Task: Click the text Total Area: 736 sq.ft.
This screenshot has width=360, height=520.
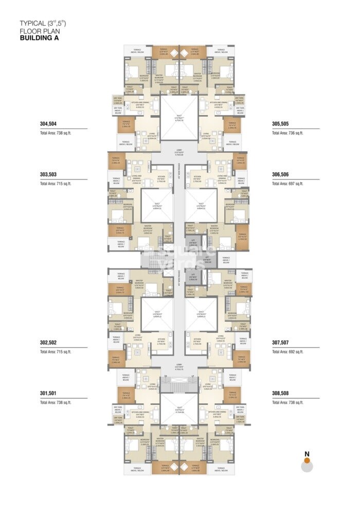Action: tap(287, 133)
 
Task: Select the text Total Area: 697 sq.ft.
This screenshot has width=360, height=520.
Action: tap(287, 184)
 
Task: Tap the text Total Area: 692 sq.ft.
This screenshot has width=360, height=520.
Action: tap(287, 352)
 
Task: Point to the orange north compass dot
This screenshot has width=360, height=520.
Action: tap(307, 461)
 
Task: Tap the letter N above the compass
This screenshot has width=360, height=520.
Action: tap(307, 453)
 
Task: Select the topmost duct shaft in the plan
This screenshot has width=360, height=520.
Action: tap(179, 116)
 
